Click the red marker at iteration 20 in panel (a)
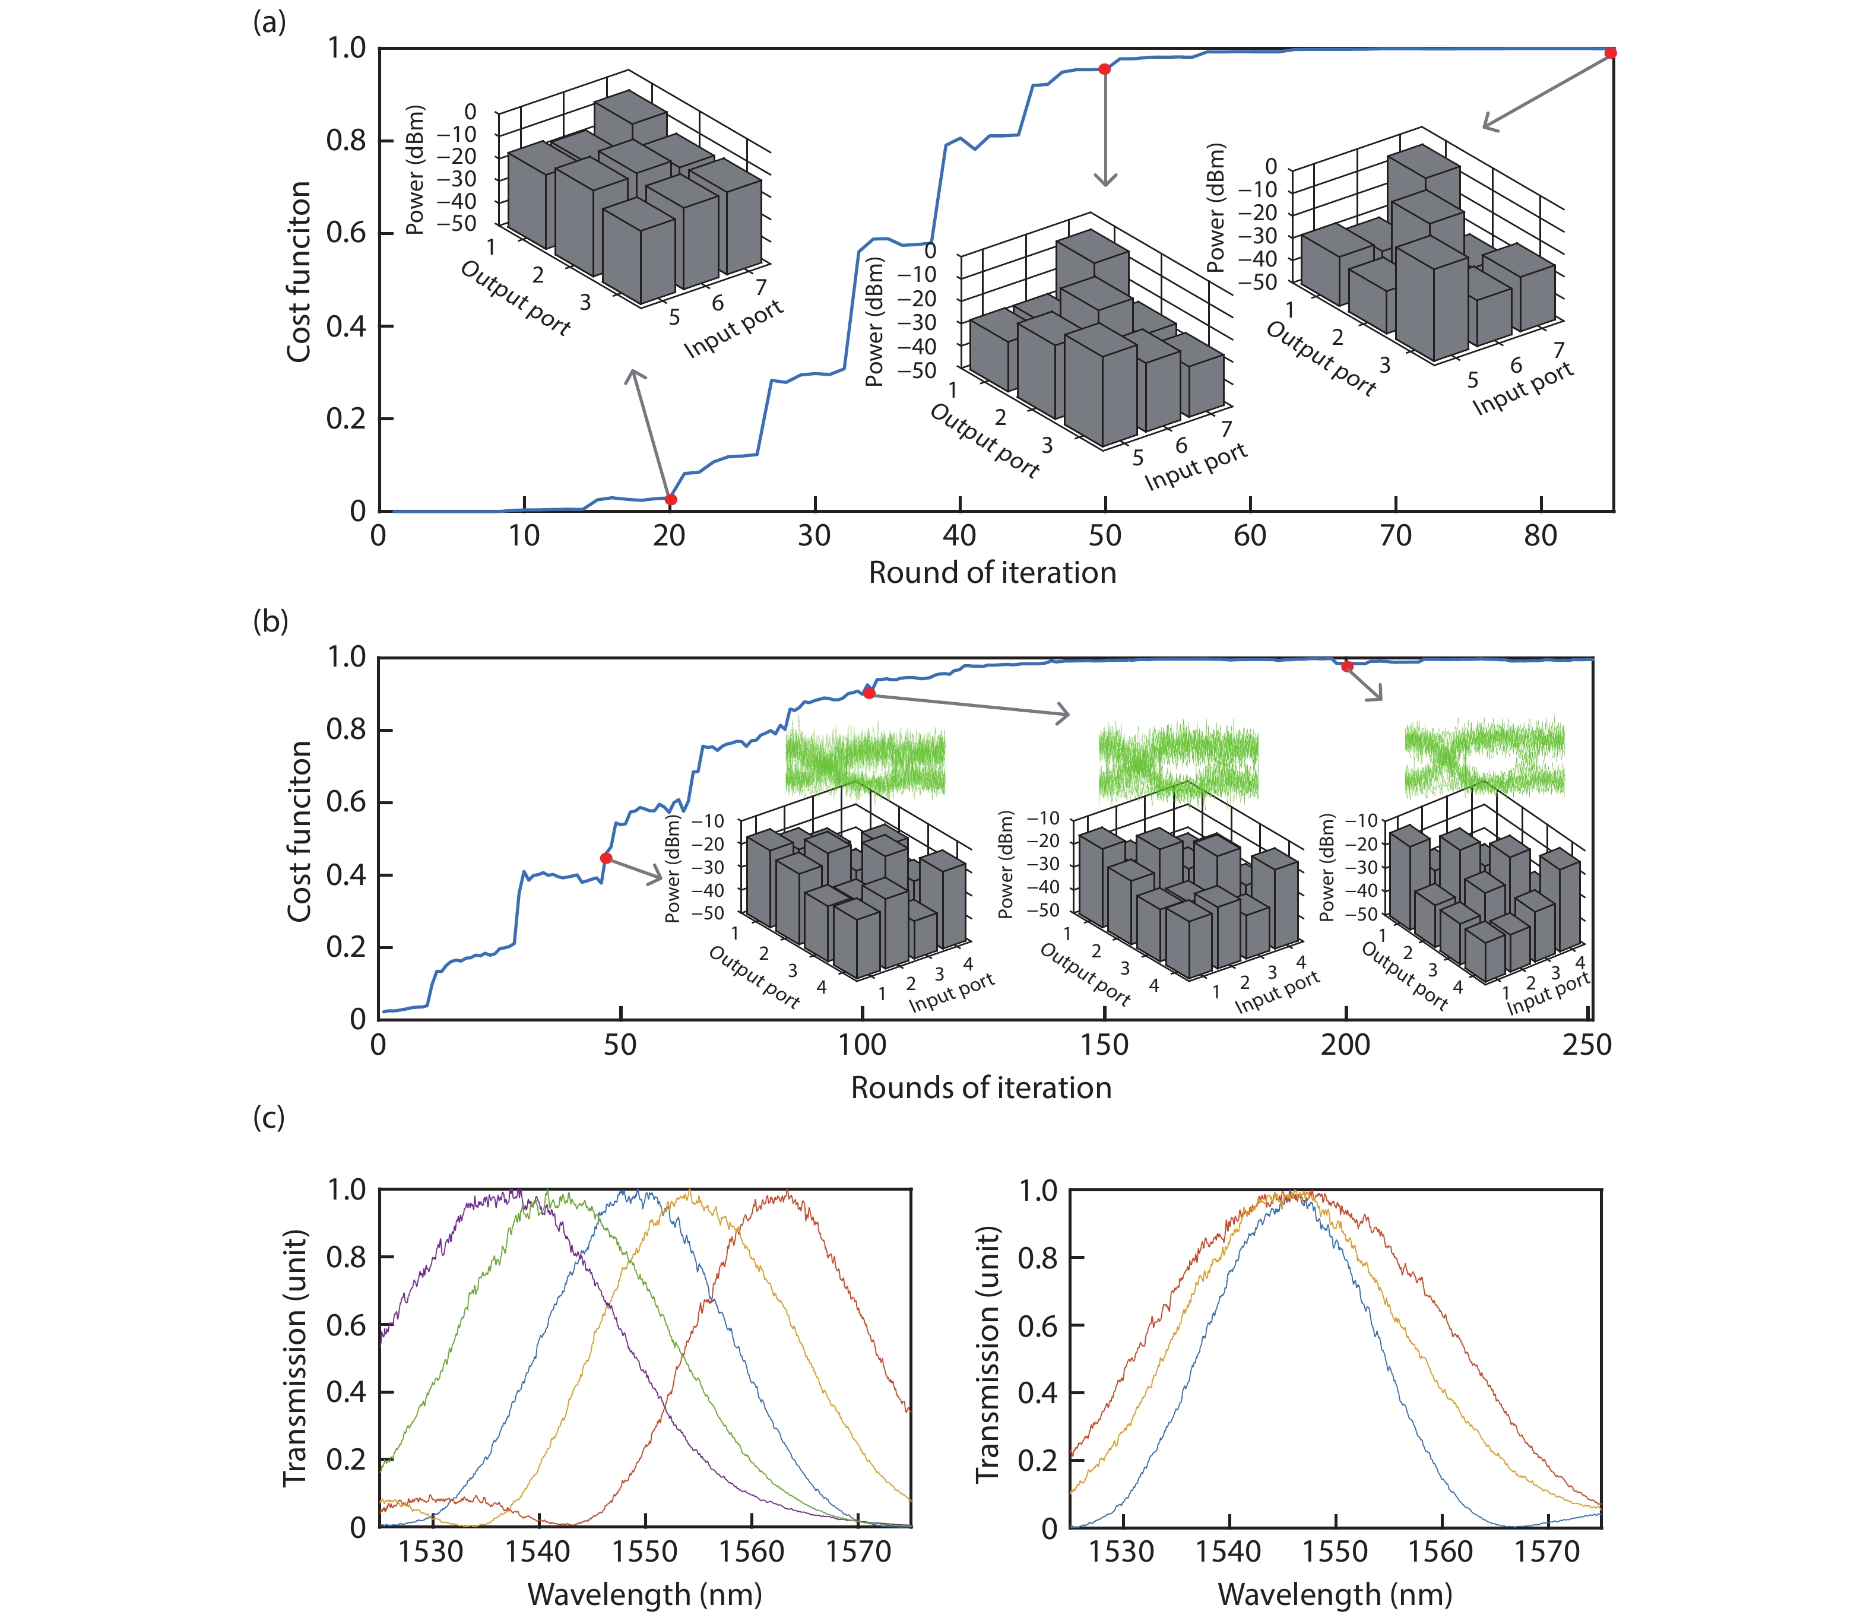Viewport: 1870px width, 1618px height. (671, 499)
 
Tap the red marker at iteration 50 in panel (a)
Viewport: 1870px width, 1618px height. (1104, 69)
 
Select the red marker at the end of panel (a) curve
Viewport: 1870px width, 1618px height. (1611, 53)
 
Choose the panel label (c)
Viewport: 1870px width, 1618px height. (269, 1117)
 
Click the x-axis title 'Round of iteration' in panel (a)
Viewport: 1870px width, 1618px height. (993, 572)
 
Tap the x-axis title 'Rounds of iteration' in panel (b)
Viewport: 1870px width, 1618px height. (981, 1087)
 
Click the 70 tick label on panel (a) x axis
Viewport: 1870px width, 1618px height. (1395, 537)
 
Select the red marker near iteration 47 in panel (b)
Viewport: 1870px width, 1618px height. (606, 858)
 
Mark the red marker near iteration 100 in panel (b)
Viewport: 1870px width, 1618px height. (869, 693)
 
